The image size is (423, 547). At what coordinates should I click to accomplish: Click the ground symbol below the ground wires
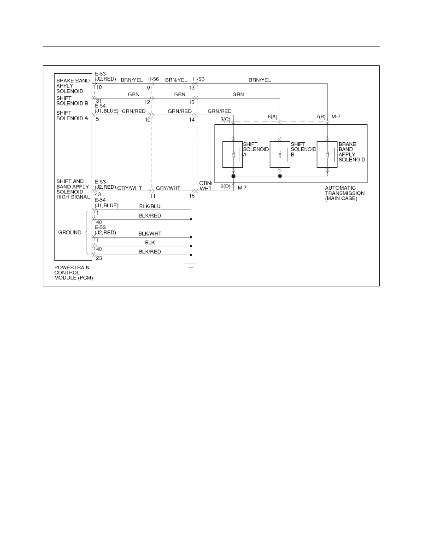click(x=191, y=265)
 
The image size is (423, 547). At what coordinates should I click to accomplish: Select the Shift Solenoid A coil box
click(x=232, y=155)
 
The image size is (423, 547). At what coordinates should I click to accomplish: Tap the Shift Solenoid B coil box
click(x=280, y=155)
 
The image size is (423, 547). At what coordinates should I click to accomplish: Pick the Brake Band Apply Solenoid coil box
click(x=327, y=155)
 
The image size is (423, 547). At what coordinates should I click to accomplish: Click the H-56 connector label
click(x=153, y=79)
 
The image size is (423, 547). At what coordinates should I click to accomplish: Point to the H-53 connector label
click(x=199, y=79)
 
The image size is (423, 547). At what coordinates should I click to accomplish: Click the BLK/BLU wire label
click(x=150, y=207)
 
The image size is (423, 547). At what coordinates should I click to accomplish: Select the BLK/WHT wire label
click(x=150, y=234)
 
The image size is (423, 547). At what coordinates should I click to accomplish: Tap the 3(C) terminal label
click(x=225, y=120)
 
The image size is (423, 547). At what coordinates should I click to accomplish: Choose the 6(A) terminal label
click(x=272, y=116)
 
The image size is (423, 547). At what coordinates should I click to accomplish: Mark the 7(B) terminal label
click(x=321, y=116)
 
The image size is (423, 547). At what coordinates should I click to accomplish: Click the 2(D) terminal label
click(x=225, y=186)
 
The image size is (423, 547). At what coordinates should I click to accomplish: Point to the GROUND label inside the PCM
click(x=70, y=233)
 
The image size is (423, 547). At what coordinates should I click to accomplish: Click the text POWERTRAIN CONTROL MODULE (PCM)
click(x=74, y=273)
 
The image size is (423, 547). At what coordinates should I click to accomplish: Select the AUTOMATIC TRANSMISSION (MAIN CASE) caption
click(x=345, y=193)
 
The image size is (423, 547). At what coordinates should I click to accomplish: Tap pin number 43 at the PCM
click(x=98, y=194)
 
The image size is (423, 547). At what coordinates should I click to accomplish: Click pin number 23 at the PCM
click(x=99, y=258)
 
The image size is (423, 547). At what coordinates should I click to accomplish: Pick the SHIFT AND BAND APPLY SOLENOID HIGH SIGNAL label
click(x=73, y=189)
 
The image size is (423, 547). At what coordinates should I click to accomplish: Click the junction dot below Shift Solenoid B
click(x=280, y=176)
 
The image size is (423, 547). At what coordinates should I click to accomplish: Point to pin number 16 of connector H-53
click(x=192, y=102)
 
